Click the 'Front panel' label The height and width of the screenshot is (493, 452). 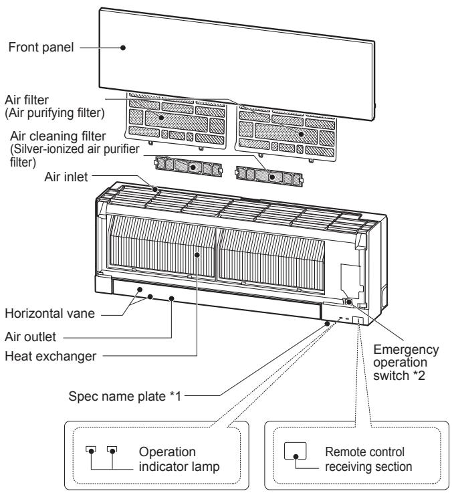coord(41,47)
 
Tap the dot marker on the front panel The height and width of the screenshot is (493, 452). coord(123,47)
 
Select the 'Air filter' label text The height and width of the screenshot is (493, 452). coord(27,100)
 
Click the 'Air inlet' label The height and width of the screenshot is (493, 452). coord(66,177)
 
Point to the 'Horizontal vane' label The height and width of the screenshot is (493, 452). coord(49,314)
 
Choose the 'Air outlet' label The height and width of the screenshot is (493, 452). coord(31,336)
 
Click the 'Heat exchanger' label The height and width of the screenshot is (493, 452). coord(51,357)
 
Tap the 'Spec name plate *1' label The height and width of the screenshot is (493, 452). coord(125,396)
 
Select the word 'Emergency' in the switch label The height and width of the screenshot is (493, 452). coord(406,350)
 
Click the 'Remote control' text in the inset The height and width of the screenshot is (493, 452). coord(364,452)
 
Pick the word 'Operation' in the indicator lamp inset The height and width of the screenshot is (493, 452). coord(167,452)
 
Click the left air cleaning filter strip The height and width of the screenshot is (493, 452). coord(189,167)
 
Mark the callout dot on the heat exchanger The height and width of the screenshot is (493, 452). coord(197,255)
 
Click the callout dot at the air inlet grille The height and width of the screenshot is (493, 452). coord(155,189)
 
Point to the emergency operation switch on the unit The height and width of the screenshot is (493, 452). coord(348,302)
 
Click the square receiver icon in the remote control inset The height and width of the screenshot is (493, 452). coord(295,451)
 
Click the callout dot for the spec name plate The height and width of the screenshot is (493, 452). coord(327,323)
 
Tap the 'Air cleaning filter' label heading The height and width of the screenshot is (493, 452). coord(58,136)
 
